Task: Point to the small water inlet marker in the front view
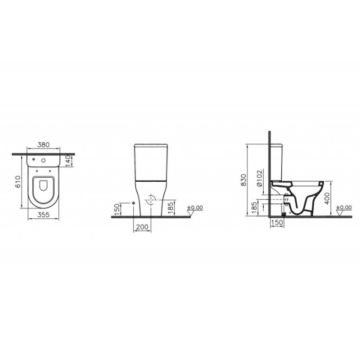[134, 203]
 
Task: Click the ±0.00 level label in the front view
[195, 207]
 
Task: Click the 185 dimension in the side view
[255, 207]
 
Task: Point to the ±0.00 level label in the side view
[344, 207]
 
